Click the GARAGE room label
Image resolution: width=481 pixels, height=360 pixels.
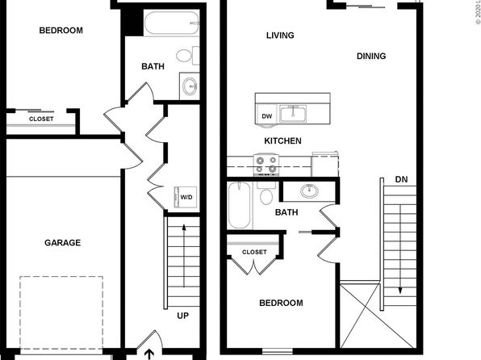[63, 243]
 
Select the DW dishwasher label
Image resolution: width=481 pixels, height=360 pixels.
[267, 116]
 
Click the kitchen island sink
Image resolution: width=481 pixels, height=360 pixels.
[293, 113]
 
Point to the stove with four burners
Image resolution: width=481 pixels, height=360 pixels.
[266, 165]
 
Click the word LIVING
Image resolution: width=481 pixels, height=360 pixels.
[280, 36]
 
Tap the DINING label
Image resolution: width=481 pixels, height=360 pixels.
[371, 57]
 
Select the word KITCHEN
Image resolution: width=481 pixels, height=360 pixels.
[282, 141]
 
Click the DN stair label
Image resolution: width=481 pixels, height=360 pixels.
[401, 179]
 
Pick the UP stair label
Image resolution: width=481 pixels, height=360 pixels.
[183, 316]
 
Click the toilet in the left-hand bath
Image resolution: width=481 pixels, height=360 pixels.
[188, 56]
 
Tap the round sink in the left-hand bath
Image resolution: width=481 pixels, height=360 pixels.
[190, 86]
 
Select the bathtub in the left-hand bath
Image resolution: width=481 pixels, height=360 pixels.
[172, 23]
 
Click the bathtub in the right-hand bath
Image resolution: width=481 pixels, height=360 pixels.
[240, 205]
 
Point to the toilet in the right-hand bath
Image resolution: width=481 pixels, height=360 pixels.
[266, 194]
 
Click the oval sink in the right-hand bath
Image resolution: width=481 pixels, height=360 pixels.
[309, 191]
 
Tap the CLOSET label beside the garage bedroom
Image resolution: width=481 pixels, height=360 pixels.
[41, 119]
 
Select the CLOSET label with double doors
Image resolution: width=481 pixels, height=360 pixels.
[254, 252]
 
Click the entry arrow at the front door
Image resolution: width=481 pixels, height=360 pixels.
[149, 354]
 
